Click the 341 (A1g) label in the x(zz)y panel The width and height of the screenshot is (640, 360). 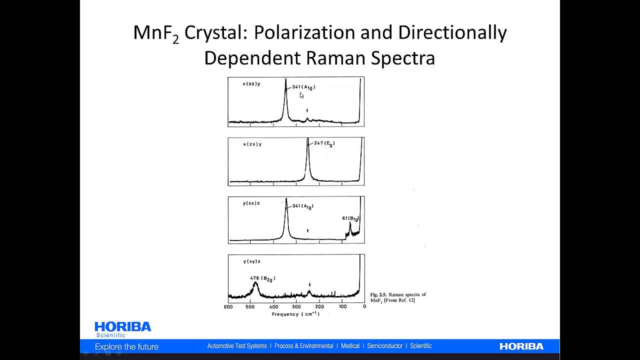tap(303, 87)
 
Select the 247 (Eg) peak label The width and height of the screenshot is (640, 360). tap(324, 143)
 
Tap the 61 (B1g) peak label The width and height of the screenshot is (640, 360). tap(350, 218)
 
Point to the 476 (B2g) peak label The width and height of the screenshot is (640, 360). tap(262, 278)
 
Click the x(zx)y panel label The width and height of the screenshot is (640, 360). tap(252, 144)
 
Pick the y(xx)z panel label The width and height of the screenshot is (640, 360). tap(251, 203)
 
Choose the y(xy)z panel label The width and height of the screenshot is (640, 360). tap(251, 261)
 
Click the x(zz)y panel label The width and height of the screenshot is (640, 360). tap(251, 84)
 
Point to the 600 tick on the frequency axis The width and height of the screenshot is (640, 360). tap(228, 306)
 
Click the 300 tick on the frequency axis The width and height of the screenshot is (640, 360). tap(296, 306)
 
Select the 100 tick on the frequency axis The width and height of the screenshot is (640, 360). tap(342, 306)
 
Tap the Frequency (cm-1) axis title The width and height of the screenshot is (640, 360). tap(295, 314)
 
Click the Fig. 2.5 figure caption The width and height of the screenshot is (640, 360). tap(397, 297)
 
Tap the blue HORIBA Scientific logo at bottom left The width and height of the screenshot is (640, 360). tap(122, 329)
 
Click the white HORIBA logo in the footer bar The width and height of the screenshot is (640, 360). tap(521, 346)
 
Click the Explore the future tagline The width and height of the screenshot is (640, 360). tap(126, 346)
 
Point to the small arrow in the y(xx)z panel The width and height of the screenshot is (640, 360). tap(307, 230)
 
